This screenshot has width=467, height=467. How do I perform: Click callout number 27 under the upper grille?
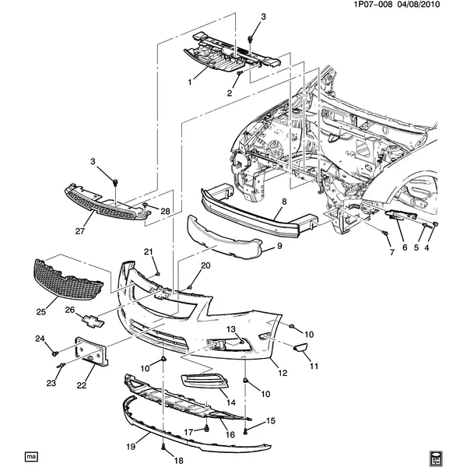81,231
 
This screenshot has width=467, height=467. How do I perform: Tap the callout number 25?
42,313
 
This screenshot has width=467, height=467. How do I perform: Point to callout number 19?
132,446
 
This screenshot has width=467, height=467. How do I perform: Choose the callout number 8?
284,202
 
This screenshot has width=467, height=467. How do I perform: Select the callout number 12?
283,373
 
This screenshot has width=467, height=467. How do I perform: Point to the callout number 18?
163,460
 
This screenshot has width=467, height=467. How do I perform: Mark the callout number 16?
230,435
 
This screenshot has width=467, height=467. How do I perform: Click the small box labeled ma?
32,454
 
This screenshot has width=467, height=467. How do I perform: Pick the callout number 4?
426,248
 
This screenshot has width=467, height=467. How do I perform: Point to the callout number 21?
147,251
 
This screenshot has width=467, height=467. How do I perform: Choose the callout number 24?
40,338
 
